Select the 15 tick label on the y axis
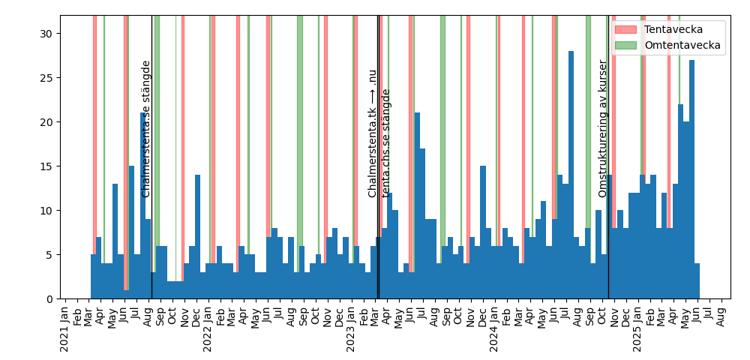point(46,166)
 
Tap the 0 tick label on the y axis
point(49,299)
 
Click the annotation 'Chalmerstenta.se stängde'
point(146,129)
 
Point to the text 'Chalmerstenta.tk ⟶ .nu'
point(372,133)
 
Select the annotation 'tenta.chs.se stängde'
point(386,143)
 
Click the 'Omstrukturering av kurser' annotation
point(603,129)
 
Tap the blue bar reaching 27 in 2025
point(691,179)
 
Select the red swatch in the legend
point(625,28)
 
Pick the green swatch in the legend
point(625,45)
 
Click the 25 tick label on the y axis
point(46,78)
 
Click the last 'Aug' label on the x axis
point(721,313)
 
